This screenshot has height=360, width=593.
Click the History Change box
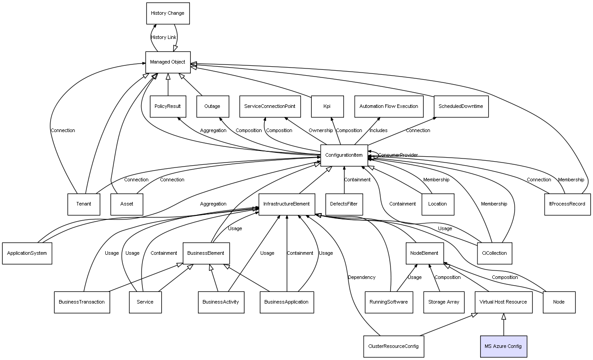[168, 13]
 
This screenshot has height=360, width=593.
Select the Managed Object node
[168, 62]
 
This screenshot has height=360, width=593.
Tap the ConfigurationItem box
[344, 155]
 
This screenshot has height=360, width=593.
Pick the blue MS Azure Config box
[503, 346]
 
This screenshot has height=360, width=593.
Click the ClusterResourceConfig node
[394, 346]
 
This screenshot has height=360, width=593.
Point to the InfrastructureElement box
[287, 204]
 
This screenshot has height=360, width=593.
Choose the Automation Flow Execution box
[389, 107]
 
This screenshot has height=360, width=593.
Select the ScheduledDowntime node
[461, 107]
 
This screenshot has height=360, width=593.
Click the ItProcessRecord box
[567, 204]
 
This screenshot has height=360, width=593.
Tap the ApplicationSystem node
[27, 253]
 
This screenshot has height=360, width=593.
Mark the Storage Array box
[443, 302]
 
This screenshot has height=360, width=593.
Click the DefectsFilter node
[344, 204]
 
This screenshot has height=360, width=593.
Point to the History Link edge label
[163, 38]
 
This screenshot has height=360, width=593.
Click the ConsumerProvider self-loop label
[398, 155]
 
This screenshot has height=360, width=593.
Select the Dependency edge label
[362, 278]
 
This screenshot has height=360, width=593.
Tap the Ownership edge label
[321, 131]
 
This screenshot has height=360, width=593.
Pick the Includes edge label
[378, 131]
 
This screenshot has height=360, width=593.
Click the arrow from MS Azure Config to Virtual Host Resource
[503, 325]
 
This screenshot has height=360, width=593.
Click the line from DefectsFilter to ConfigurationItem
[344, 186]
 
